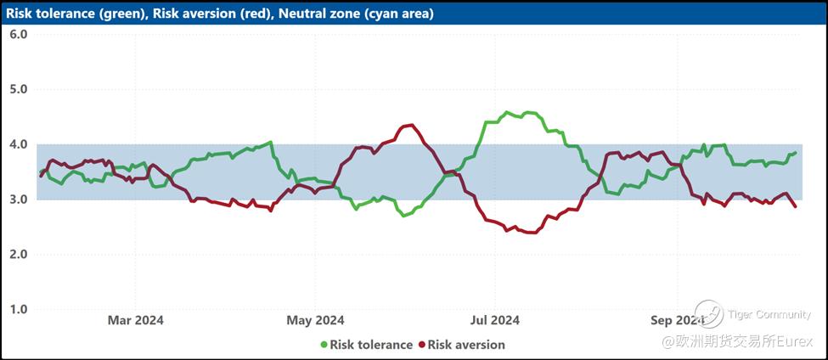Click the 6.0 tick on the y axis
[x=19, y=35]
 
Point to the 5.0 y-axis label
[x=19, y=89]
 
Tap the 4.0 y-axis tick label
[x=19, y=144]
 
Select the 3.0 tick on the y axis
[x=19, y=200]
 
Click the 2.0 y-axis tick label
[x=19, y=255]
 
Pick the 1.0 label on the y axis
[x=19, y=309]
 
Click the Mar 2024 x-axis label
[x=135, y=320]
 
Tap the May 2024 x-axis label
[x=315, y=320]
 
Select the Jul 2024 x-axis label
[x=494, y=320]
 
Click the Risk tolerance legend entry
[x=371, y=345]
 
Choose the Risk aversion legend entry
[x=466, y=345]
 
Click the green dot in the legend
[x=324, y=345]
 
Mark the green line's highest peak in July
[x=508, y=112]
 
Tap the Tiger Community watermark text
[x=769, y=315]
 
